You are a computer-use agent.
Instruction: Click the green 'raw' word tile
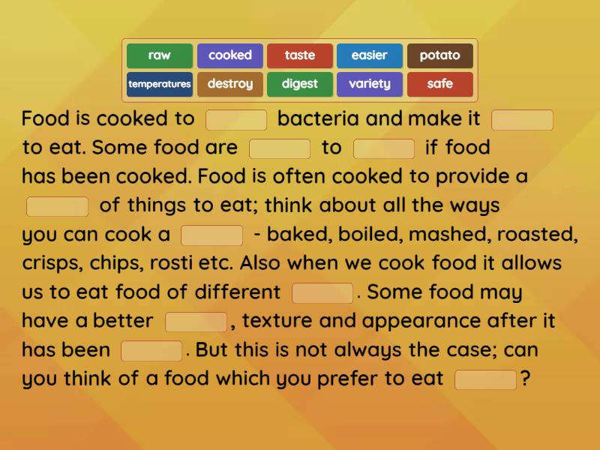point(159,55)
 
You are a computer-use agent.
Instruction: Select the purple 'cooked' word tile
point(229,55)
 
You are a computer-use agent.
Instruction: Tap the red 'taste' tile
point(300,55)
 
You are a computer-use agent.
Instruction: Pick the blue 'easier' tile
point(370,55)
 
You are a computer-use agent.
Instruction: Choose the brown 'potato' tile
point(440,55)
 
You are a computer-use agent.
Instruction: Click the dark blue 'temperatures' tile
point(159,84)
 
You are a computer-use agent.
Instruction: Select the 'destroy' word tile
point(229,84)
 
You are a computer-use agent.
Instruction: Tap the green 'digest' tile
point(300,84)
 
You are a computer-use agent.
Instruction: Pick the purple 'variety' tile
point(370,84)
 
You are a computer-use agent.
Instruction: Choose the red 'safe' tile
point(440,84)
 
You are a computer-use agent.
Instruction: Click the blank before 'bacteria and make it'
point(236,120)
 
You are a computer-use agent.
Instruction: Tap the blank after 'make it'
point(522,120)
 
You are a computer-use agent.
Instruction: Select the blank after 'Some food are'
point(280,148)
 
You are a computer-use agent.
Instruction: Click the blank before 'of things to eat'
point(58,206)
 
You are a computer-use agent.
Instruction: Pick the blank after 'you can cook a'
point(212,235)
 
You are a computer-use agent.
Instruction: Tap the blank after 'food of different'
point(322,292)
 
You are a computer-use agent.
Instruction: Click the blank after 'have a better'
point(196,322)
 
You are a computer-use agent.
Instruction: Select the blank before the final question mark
point(486,379)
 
